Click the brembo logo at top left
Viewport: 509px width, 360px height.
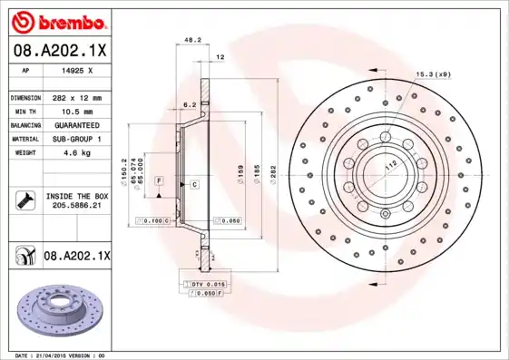click(56, 20)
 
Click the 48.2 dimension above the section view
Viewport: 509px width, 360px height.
click(192, 41)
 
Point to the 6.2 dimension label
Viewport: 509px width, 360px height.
click(191, 105)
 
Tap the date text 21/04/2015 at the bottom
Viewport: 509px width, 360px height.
click(60, 355)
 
